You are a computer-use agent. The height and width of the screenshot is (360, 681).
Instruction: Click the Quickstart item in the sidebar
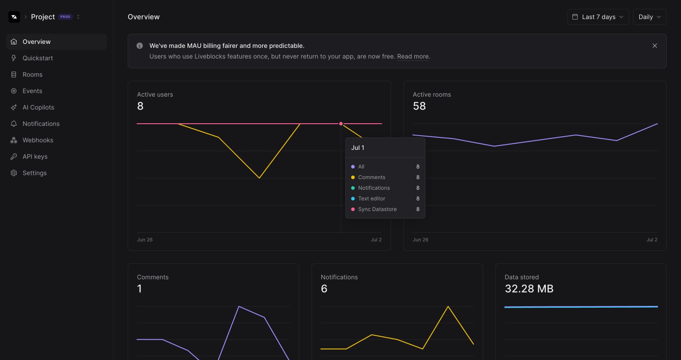[38, 58]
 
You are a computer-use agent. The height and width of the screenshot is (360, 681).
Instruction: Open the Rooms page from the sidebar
[32, 74]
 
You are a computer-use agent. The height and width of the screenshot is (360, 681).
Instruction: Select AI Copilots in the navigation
[38, 107]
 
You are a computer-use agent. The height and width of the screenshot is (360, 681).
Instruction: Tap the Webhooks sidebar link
[38, 140]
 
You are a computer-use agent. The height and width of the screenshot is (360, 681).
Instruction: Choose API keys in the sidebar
[35, 157]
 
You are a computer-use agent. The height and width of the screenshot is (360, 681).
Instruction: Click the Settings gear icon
[14, 173]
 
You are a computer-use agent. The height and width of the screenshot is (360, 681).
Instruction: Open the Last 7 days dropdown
[598, 17]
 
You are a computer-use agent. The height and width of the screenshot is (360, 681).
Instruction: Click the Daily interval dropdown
[650, 17]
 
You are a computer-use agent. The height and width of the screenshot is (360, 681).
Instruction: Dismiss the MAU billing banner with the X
[654, 46]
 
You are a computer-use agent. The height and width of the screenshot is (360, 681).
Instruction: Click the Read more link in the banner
[412, 56]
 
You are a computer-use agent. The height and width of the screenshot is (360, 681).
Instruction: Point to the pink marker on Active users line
[341, 124]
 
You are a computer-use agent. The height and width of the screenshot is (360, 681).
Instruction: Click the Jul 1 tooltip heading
[358, 148]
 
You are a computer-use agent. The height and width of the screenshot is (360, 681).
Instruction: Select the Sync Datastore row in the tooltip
[377, 209]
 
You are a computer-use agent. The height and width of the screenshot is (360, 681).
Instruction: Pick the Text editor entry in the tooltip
[372, 199]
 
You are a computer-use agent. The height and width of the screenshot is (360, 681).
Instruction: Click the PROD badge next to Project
[65, 17]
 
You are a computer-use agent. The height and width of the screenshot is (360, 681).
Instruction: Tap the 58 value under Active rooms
[419, 106]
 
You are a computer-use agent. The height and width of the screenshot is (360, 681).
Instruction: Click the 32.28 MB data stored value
[529, 289]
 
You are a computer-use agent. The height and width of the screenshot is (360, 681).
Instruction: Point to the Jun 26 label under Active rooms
[420, 239]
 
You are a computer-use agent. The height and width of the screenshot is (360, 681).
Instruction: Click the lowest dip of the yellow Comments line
[259, 178]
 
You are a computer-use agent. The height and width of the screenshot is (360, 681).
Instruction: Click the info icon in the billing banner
[140, 46]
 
